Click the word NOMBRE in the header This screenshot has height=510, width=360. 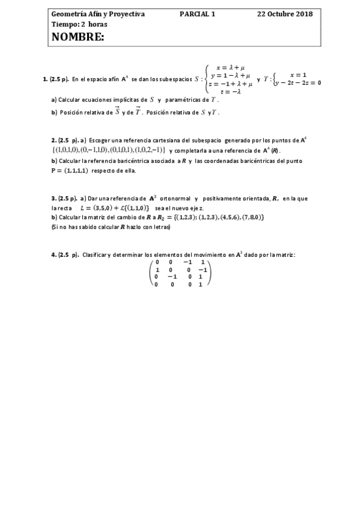[x=79, y=37]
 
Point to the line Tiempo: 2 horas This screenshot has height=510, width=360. [x=79, y=24]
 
